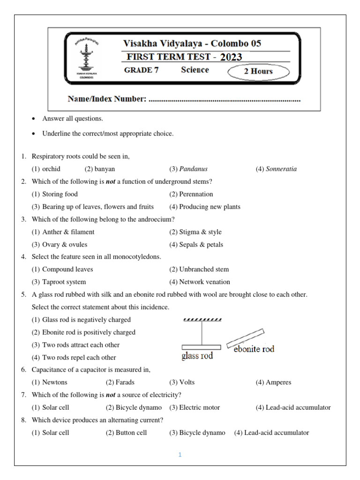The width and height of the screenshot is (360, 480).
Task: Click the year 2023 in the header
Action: (231, 57)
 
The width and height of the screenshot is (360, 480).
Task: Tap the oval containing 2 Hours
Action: (258, 72)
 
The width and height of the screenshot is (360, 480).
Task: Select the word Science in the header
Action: (195, 70)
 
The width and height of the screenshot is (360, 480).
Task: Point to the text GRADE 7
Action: (138, 70)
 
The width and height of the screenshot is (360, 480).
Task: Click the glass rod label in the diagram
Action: (197, 356)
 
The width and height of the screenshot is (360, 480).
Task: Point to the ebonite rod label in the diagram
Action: (254, 349)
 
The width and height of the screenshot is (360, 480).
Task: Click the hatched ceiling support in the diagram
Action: (202, 320)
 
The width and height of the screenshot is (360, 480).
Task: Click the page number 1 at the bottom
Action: (180, 455)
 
